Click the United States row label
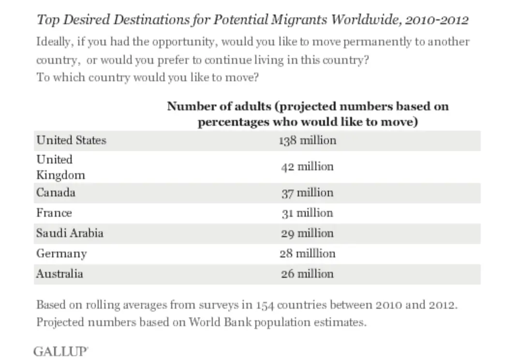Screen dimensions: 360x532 pyautogui.click(x=71, y=140)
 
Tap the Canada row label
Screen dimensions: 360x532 pyautogui.click(x=56, y=193)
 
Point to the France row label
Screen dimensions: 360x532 pyautogui.click(x=54, y=213)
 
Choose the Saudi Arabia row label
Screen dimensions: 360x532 pyautogui.click(x=70, y=233)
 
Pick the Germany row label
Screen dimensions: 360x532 pyautogui.click(x=61, y=254)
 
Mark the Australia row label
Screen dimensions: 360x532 pyautogui.click(x=59, y=274)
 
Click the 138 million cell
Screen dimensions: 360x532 pyautogui.click(x=307, y=140)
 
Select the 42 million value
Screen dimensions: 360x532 pyautogui.click(x=307, y=167)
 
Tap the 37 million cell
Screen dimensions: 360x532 pyautogui.click(x=307, y=193)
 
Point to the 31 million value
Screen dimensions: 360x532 pyautogui.click(x=307, y=213)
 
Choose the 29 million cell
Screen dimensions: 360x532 pyautogui.click(x=307, y=233)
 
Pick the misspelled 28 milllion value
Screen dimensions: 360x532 pyautogui.click(x=307, y=254)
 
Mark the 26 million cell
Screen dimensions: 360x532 pyautogui.click(x=307, y=274)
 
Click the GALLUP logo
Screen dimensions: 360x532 pyautogui.click(x=60, y=351)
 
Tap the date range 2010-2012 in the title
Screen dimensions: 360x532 pyautogui.click(x=437, y=20)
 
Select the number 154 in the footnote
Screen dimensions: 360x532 pyautogui.click(x=266, y=305)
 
